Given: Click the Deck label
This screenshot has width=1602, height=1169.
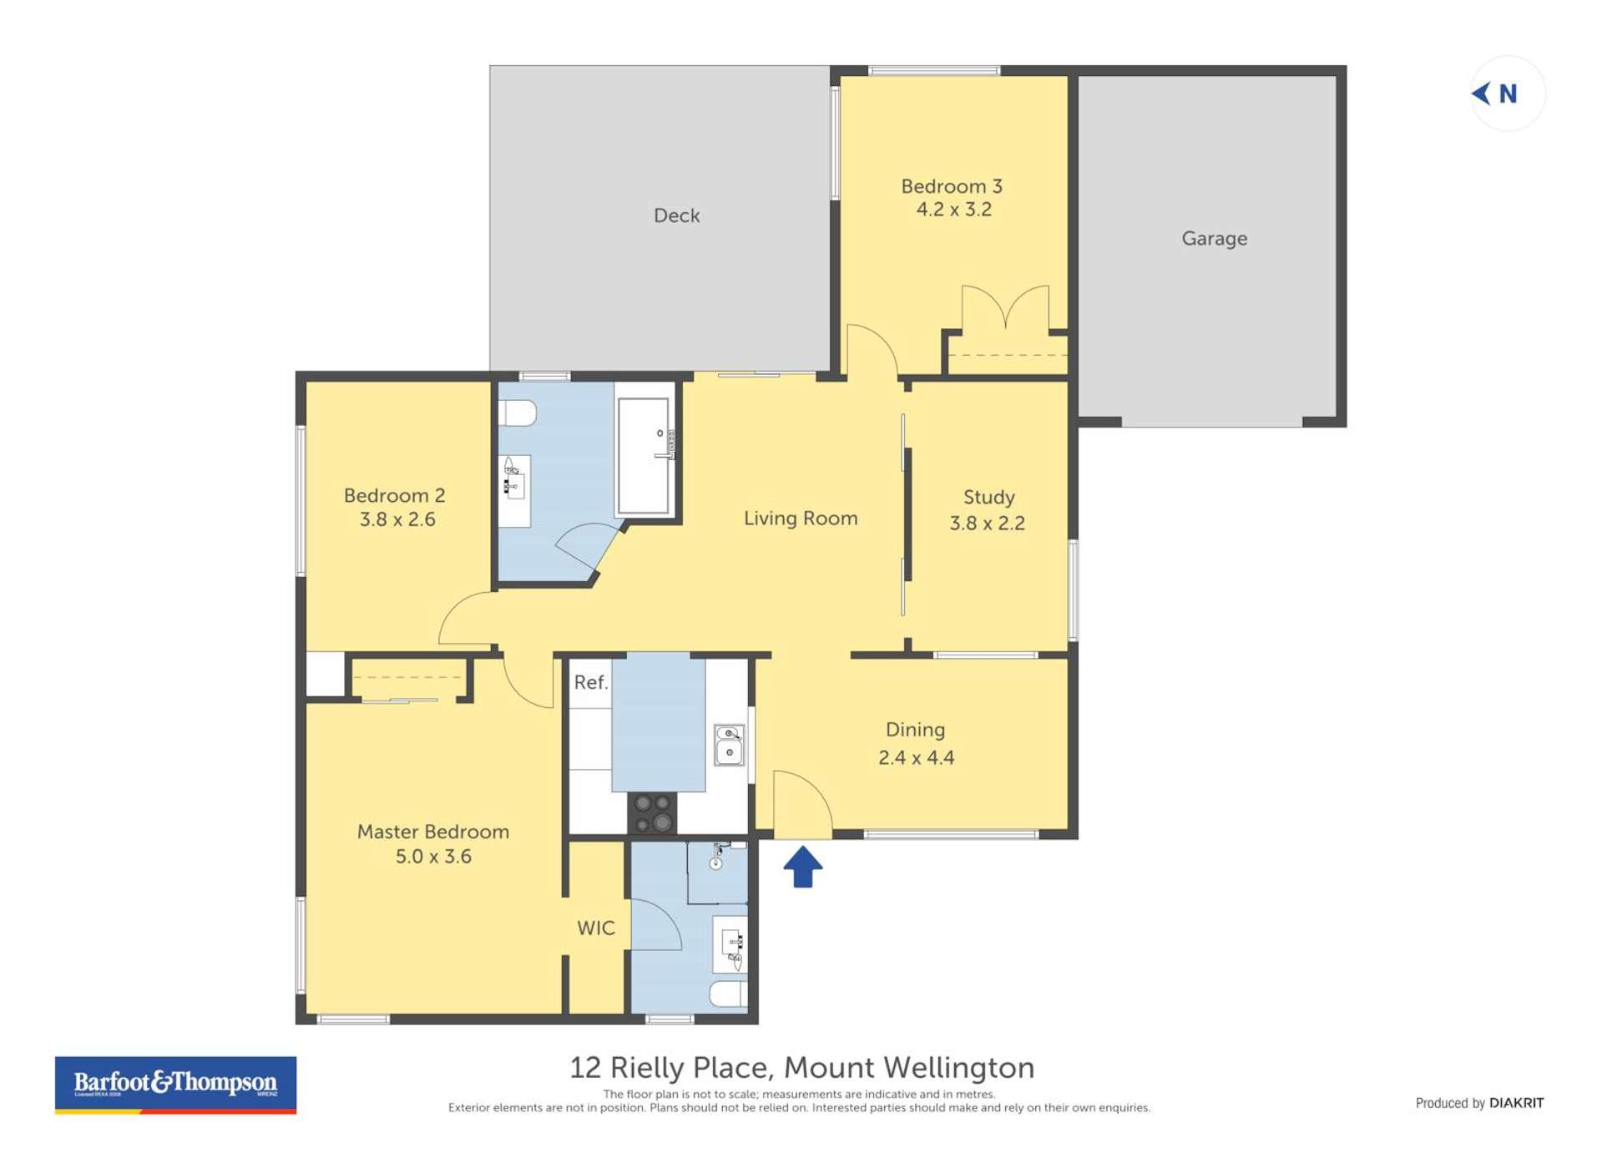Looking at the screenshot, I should tap(676, 215).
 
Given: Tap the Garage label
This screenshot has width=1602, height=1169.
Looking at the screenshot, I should tap(1214, 239).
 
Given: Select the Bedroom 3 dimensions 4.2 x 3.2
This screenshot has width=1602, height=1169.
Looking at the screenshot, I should tap(953, 210).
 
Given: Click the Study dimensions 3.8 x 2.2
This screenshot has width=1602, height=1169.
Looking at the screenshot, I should tap(987, 524).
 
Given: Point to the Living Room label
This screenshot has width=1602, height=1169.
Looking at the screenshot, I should tap(800, 519).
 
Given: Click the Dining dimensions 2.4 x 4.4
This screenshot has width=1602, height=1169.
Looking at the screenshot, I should tap(916, 758).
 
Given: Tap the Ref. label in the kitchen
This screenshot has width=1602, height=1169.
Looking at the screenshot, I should tap(590, 683).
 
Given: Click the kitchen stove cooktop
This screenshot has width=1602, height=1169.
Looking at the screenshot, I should tap(652, 812).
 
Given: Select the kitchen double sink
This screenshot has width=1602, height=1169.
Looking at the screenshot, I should tap(729, 745).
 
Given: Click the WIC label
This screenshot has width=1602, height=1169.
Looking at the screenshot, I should tap(595, 929).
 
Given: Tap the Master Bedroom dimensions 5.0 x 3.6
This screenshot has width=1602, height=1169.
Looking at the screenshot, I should tap(433, 857).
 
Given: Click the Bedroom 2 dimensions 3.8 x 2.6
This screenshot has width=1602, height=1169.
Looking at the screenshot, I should tap(397, 519).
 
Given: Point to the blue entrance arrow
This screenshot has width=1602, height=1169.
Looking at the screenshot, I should tap(802, 867).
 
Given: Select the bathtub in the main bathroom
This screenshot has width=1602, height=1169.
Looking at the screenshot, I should tap(644, 456).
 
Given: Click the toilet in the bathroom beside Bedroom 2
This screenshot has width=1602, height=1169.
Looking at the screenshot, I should tap(518, 413).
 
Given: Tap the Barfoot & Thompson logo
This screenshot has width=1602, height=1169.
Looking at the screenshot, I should tap(175, 1084).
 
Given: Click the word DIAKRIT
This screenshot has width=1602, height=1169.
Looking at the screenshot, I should tap(1516, 1103).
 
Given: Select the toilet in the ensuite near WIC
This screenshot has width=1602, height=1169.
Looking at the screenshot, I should tap(729, 994).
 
